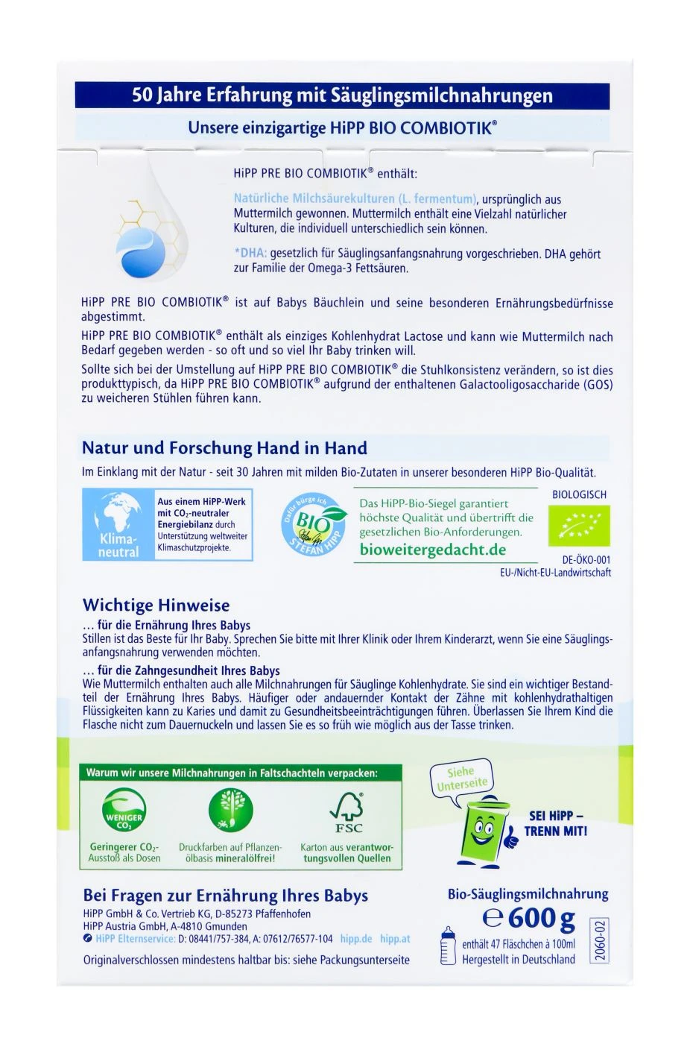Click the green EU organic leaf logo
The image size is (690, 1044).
(x=579, y=526)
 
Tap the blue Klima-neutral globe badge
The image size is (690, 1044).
(x=118, y=525)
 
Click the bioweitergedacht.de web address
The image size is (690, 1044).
(x=432, y=550)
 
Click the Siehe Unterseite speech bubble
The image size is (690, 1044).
(x=462, y=779)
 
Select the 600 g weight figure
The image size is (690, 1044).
(x=530, y=918)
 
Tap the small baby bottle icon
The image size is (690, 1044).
(x=448, y=946)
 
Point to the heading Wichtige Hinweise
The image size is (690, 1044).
(x=156, y=605)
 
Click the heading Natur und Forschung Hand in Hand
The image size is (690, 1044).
(x=224, y=448)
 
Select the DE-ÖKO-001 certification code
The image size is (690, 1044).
(x=586, y=560)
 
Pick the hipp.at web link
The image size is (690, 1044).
(x=395, y=939)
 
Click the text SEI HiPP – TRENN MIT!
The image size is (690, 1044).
(x=556, y=823)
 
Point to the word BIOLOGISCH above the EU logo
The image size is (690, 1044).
(x=579, y=494)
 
